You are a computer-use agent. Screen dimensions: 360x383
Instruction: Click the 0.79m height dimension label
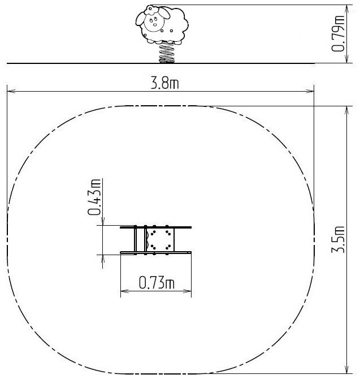click(339, 33)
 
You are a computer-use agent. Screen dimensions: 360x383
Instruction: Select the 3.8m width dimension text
click(165, 83)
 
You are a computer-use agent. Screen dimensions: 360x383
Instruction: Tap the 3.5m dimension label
click(338, 239)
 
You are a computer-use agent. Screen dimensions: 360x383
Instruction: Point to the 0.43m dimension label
click(94, 197)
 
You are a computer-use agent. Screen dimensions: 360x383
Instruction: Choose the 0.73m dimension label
click(157, 283)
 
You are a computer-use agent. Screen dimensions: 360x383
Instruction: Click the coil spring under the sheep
click(167, 53)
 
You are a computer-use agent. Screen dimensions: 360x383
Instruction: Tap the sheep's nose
click(155, 25)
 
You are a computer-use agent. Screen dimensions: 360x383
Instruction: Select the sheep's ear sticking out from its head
click(140, 19)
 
